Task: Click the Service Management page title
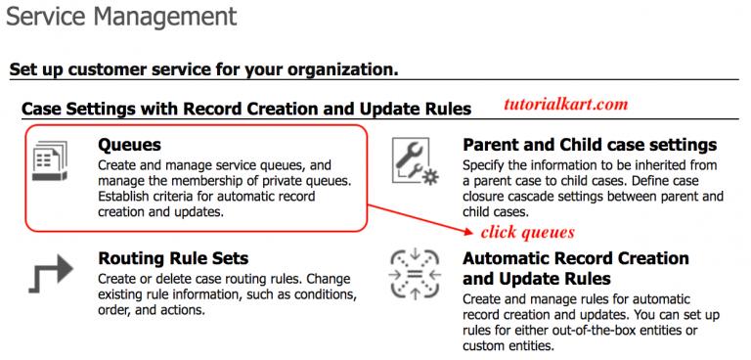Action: coord(121,16)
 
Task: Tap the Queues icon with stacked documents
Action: coord(48,161)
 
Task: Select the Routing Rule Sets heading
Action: coord(173,259)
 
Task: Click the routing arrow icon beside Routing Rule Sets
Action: coord(47,275)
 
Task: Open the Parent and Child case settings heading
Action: coord(590,145)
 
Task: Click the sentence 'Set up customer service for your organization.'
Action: coord(203,69)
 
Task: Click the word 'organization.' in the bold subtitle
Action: coord(347,69)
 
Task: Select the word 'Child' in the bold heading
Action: coord(582,145)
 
